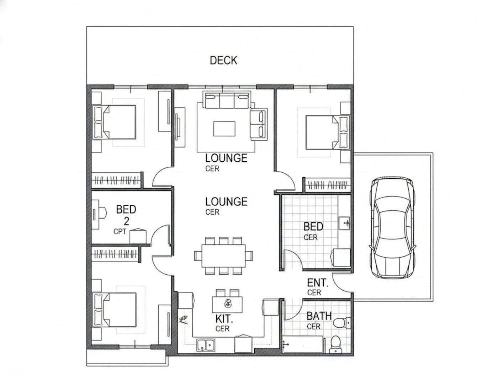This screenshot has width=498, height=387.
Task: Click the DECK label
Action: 223,60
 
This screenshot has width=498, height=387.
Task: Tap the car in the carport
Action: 392,227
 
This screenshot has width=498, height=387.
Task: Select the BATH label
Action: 319,316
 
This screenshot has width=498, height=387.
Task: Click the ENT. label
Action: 318,283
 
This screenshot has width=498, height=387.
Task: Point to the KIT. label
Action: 224,319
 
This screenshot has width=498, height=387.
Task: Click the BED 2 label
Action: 126,215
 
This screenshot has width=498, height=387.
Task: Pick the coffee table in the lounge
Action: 224,129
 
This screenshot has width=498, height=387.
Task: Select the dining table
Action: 223,256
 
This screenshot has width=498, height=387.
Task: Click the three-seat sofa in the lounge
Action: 227,100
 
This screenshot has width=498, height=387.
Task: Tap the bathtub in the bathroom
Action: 303,345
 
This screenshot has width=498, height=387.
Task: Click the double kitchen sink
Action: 206,345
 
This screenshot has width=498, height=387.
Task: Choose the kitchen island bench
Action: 227,305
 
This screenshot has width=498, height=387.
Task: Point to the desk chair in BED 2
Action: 102,213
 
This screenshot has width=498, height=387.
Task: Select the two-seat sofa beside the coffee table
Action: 259,124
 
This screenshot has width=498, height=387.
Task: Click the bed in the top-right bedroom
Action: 328,133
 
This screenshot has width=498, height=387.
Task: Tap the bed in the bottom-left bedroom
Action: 114,310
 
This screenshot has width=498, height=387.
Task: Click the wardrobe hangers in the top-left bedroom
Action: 116,181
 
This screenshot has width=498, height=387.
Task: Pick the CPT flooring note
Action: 120,231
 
